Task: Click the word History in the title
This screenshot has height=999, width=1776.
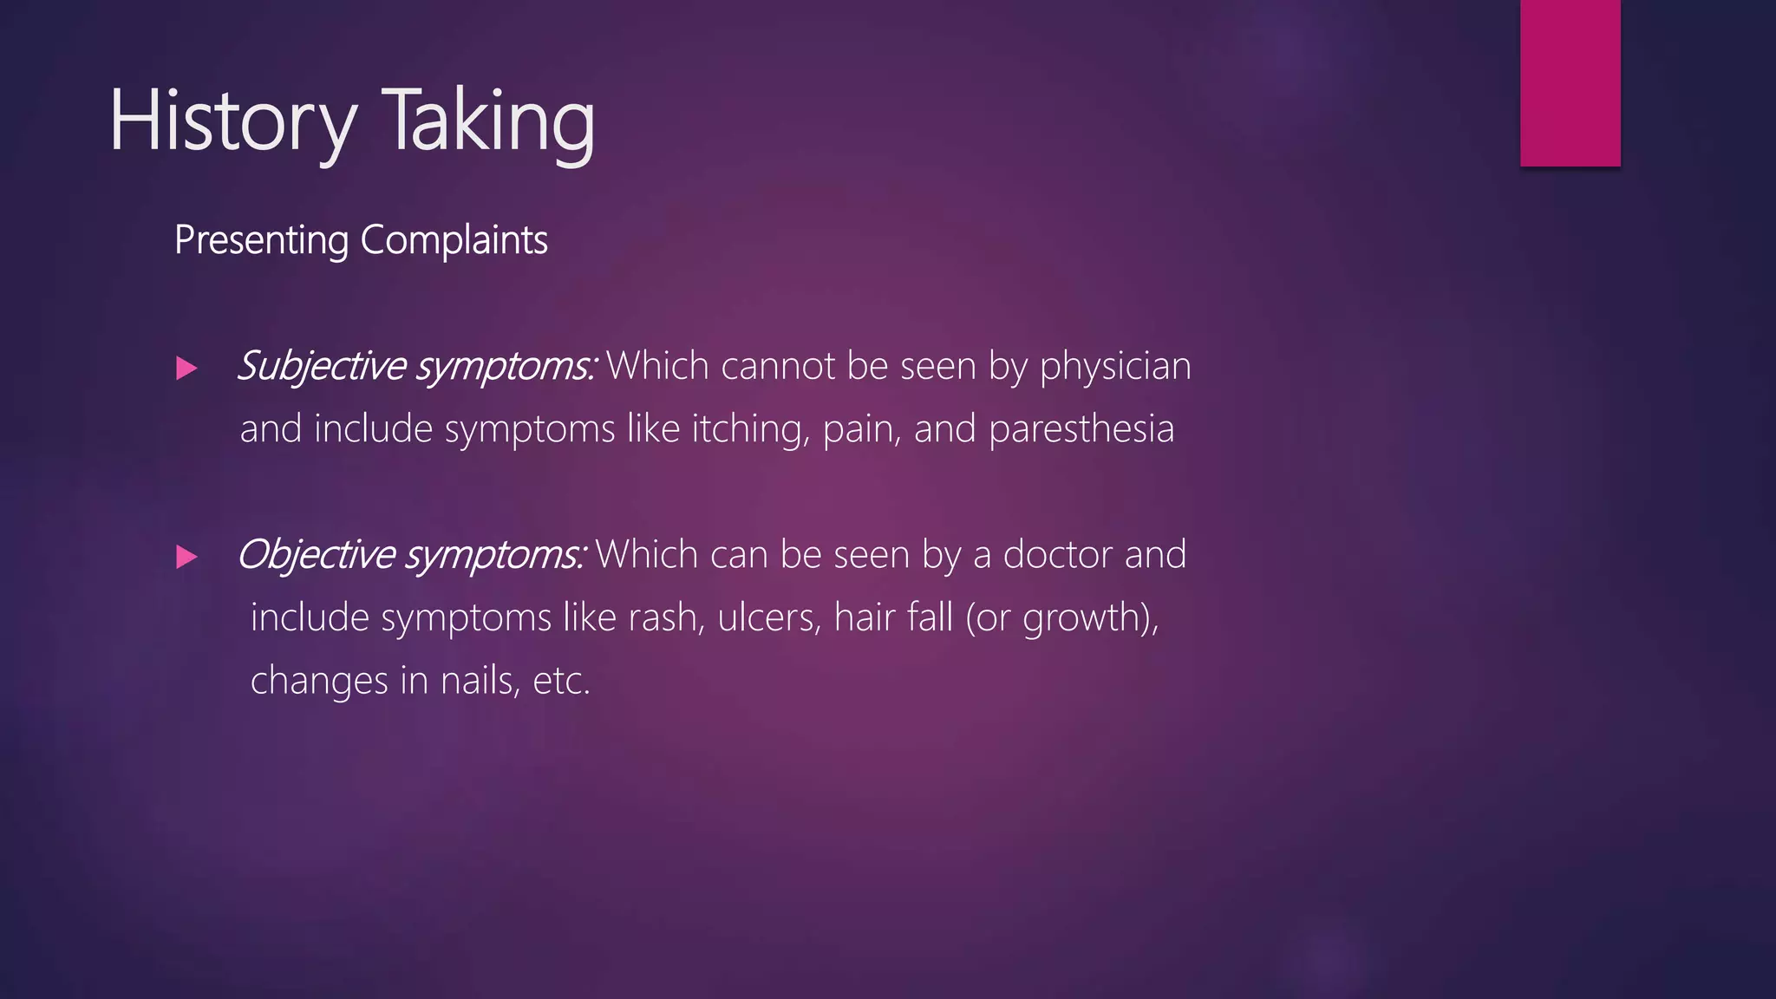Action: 232,121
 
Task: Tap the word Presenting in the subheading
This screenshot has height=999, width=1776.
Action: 261,240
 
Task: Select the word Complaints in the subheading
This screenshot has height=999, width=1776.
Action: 454,240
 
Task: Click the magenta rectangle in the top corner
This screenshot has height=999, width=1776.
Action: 1570,82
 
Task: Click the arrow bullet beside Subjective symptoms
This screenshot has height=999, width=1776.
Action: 186,369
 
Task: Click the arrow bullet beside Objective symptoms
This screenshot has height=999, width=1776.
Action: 186,557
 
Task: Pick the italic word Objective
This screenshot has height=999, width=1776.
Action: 316,555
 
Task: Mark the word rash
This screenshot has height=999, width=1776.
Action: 665,618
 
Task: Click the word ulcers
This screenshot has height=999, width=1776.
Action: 769,618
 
